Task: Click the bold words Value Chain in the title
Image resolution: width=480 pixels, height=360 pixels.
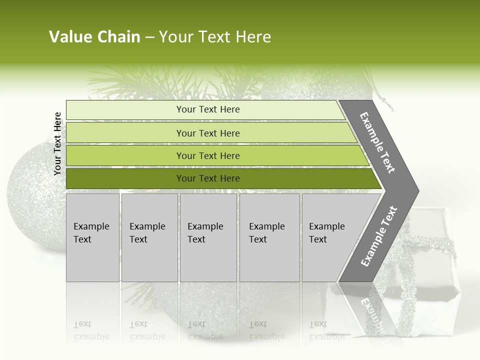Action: [94, 37]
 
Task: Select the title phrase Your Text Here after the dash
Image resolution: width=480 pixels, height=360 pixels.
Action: [215, 37]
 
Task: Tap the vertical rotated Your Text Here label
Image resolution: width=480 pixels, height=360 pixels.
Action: [57, 143]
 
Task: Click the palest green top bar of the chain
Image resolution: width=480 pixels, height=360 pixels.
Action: [207, 109]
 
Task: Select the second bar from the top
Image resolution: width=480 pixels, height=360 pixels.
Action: [207, 133]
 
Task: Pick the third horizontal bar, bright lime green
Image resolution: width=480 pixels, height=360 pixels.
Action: [207, 155]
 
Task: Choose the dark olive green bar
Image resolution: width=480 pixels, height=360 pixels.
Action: [207, 178]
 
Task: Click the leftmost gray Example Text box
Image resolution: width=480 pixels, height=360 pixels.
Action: [92, 237]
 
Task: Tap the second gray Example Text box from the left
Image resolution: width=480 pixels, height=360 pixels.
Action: [149, 237]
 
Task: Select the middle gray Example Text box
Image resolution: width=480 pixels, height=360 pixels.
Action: [208, 237]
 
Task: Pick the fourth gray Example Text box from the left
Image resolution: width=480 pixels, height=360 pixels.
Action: [269, 237]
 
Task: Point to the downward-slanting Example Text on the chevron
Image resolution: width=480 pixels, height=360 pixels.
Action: [377, 142]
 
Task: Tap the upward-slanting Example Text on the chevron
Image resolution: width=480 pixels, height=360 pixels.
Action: [379, 236]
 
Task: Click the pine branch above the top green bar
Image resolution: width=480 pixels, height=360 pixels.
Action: [150, 82]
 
